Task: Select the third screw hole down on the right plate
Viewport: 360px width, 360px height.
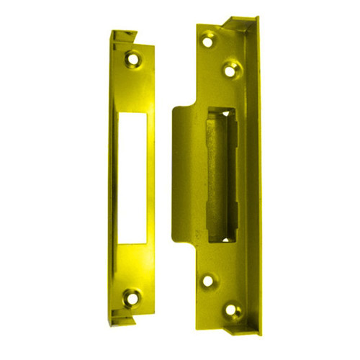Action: point(209,282)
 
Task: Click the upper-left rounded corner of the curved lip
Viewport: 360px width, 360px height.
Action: point(177,109)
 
